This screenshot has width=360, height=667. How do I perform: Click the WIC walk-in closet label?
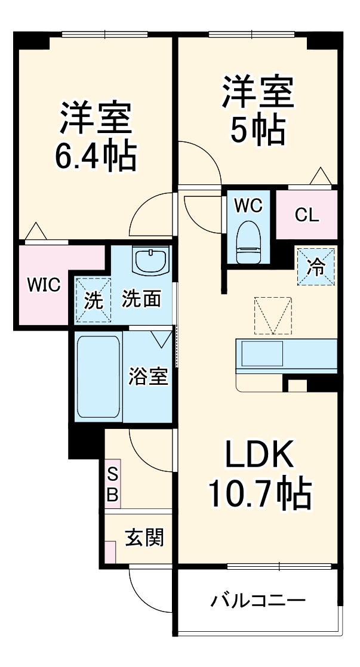[42, 285]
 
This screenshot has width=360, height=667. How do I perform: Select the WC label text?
[248, 205]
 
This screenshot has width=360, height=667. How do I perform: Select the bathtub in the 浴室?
[99, 378]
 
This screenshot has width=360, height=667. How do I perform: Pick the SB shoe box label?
[113, 484]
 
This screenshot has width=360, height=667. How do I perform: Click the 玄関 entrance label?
[144, 538]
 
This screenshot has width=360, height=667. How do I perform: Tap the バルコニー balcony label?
[259, 600]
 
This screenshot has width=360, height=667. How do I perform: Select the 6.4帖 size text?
[96, 156]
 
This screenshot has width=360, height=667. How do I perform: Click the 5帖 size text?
[258, 129]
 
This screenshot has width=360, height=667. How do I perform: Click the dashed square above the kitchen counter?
[273, 316]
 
